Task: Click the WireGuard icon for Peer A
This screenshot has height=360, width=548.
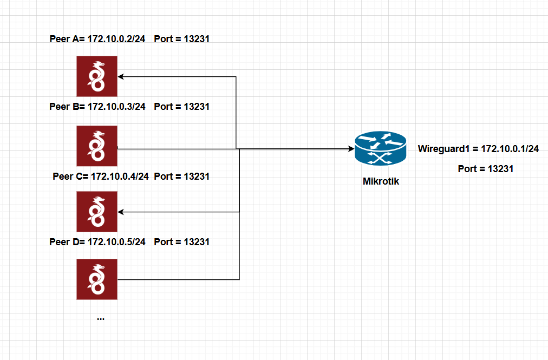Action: click(x=97, y=76)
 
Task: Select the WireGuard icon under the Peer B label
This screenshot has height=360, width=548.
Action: click(x=97, y=146)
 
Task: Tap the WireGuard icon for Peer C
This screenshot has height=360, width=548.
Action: click(x=97, y=212)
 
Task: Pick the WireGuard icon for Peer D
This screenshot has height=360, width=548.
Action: click(x=97, y=279)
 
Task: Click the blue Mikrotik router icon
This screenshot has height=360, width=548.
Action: click(x=380, y=149)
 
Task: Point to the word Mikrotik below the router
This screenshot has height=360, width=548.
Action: click(x=381, y=181)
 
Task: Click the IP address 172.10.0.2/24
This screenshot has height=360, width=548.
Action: click(x=116, y=40)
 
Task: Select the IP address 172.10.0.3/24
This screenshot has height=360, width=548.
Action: click(x=116, y=107)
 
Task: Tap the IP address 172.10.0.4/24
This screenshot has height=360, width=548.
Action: click(x=120, y=176)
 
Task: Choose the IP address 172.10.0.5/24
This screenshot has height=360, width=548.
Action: click(x=116, y=242)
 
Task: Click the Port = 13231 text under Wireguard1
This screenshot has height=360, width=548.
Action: click(x=485, y=169)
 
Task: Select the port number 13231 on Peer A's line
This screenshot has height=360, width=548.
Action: click(x=197, y=40)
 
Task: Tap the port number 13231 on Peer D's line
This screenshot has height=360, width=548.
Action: click(x=197, y=242)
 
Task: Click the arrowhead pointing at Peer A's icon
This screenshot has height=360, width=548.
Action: click(x=121, y=76)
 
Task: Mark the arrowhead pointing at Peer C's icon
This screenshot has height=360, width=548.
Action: click(x=121, y=212)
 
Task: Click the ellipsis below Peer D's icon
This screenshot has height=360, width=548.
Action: click(x=101, y=319)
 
